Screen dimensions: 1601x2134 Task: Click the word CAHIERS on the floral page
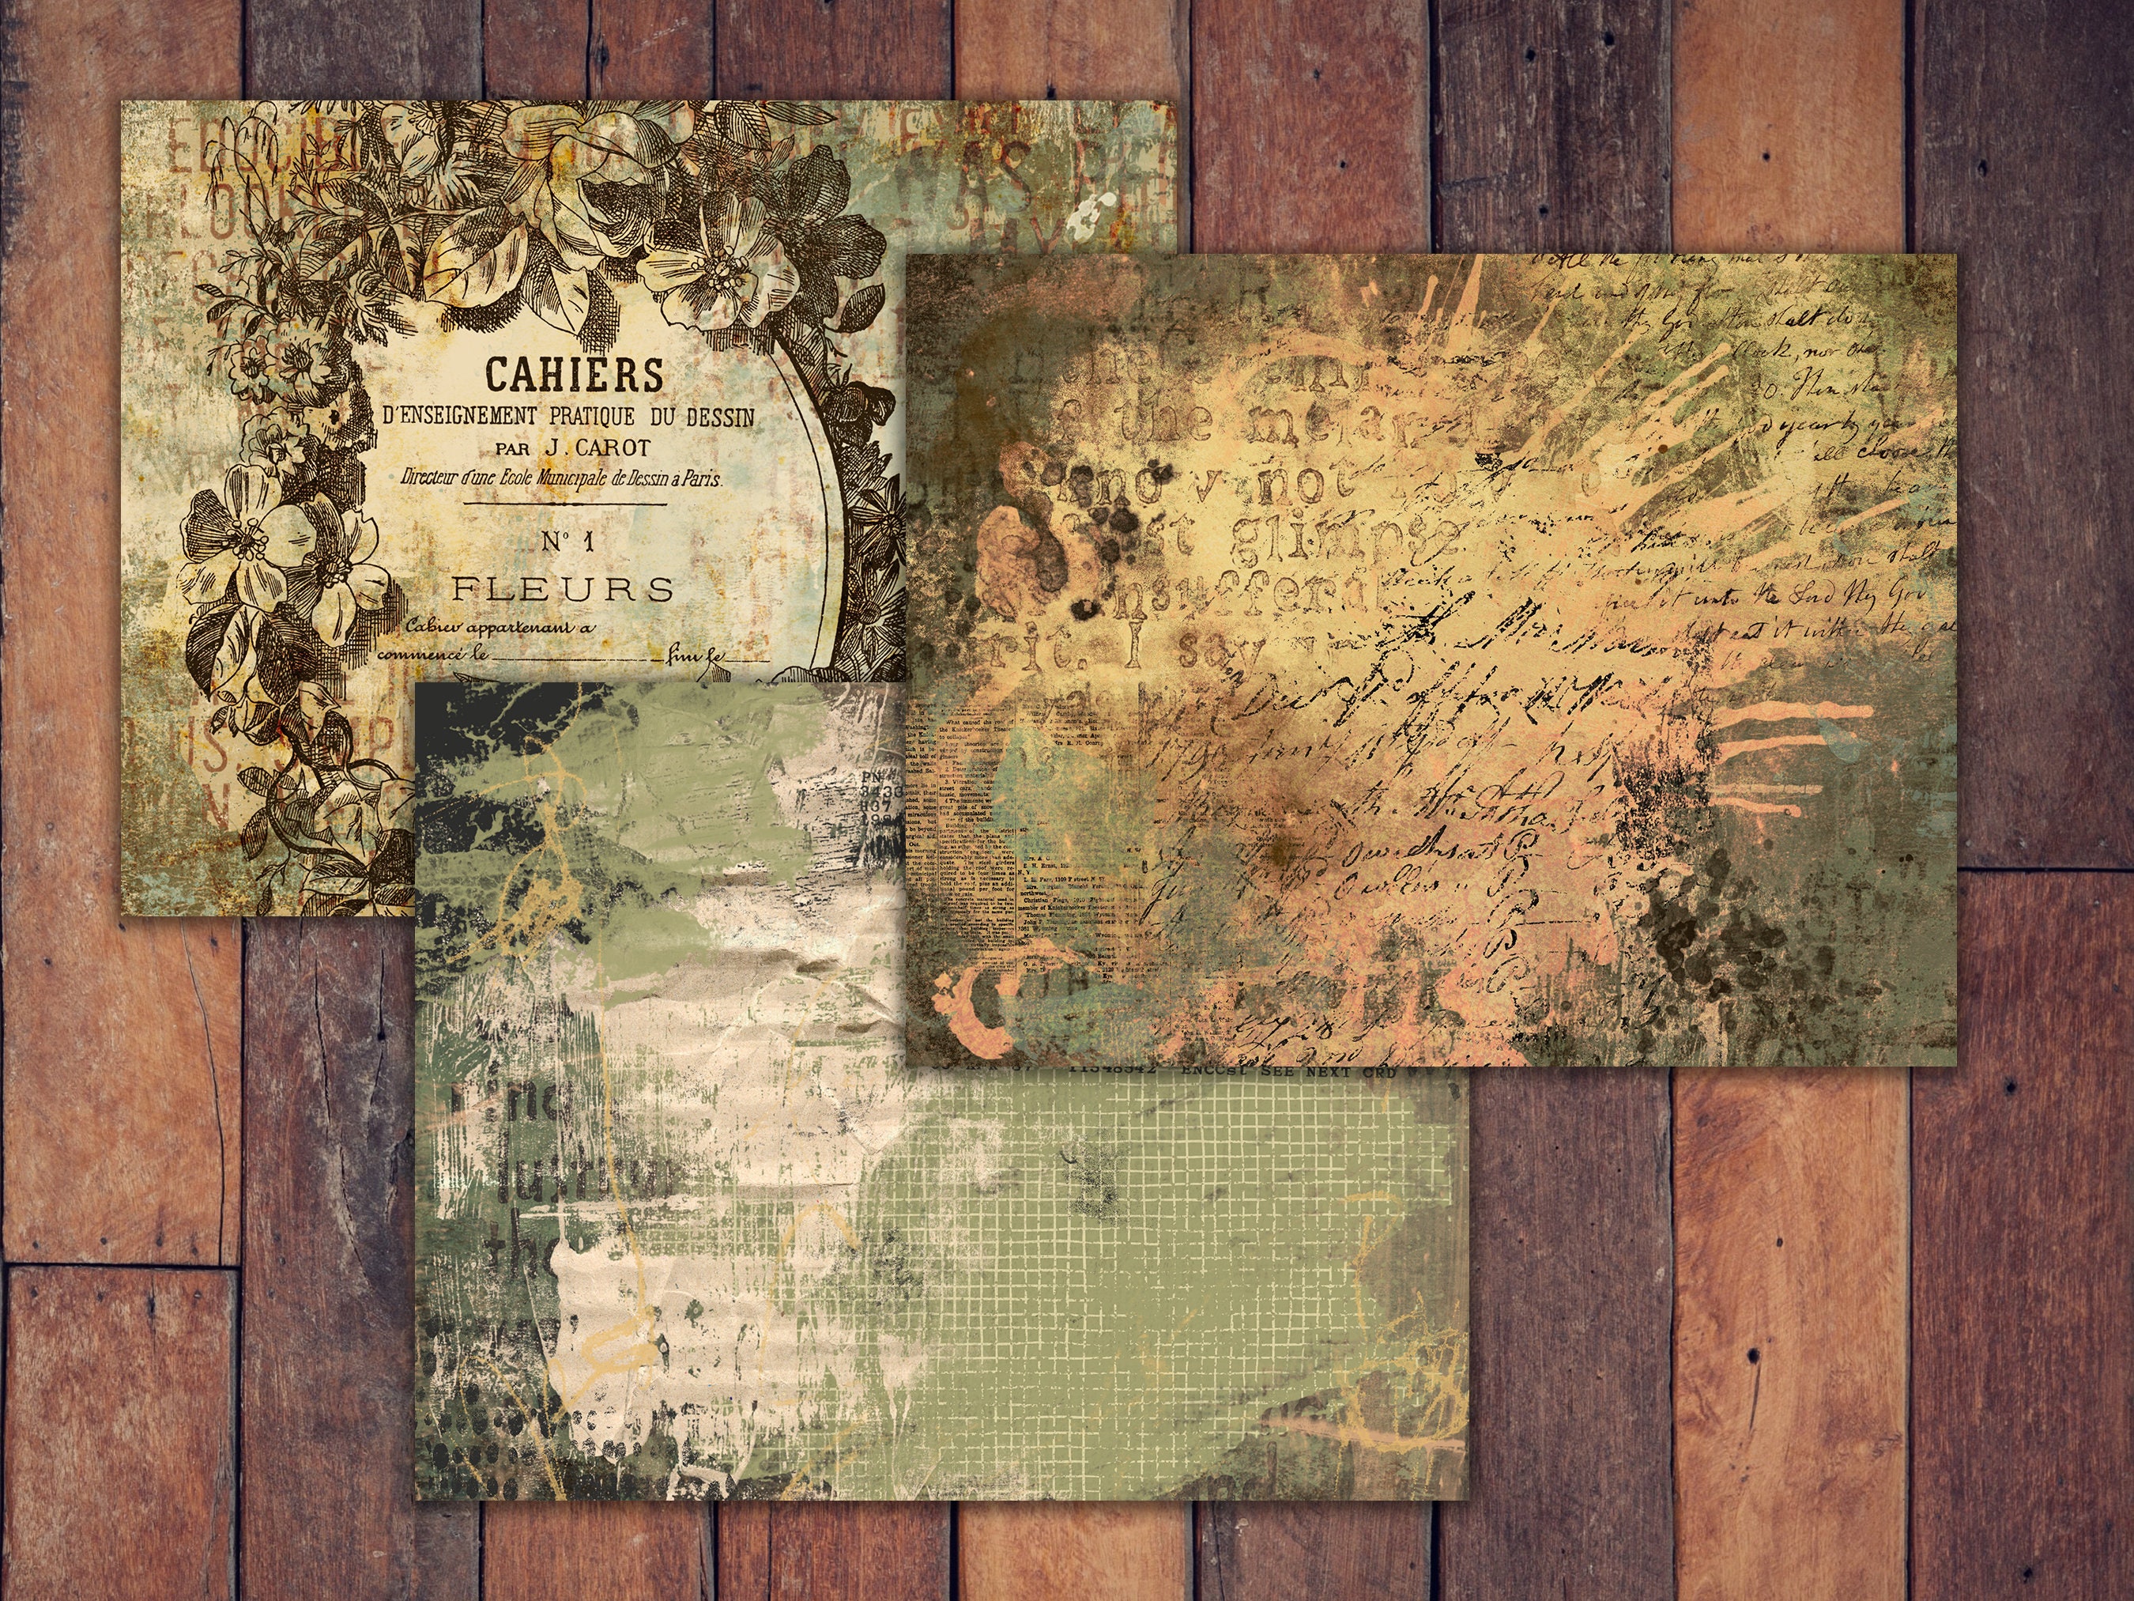574,373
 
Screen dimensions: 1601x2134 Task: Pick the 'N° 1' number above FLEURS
567,542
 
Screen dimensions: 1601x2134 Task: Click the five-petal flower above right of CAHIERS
718,266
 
